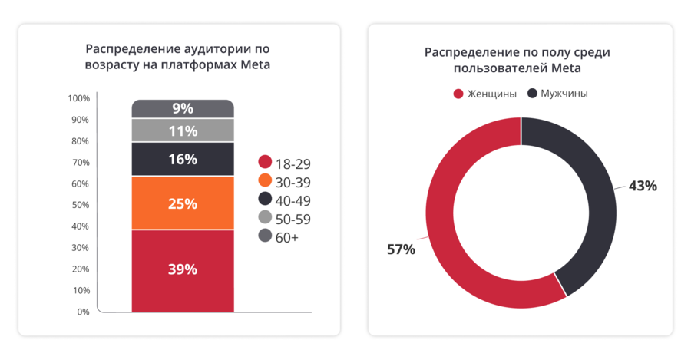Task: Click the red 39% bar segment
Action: click(x=183, y=270)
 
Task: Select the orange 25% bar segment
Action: click(x=183, y=203)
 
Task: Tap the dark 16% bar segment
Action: click(x=183, y=159)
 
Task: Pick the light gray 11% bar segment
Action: click(x=183, y=130)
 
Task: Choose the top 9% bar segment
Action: click(x=183, y=108)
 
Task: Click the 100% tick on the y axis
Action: click(x=79, y=98)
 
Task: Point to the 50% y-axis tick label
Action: click(x=81, y=205)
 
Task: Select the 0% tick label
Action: click(x=83, y=312)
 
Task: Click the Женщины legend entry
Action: click(x=484, y=94)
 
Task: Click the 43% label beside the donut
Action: click(x=643, y=186)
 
